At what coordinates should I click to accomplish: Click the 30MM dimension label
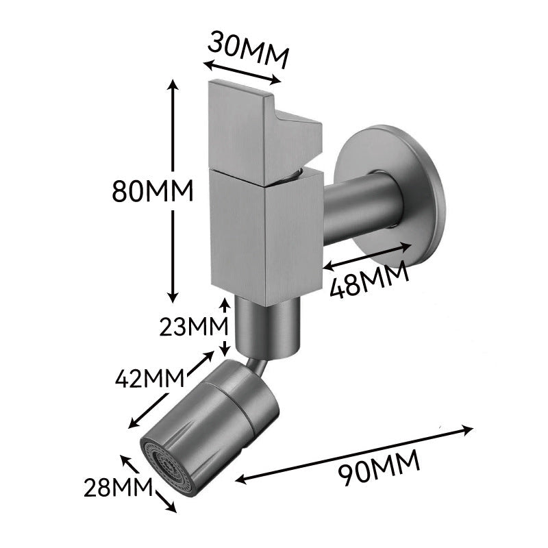(x=249, y=49)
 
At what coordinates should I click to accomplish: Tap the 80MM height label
(x=153, y=191)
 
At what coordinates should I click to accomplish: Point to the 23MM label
(x=194, y=327)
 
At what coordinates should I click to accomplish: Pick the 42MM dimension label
(x=150, y=378)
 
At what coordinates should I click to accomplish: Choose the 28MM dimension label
(x=119, y=487)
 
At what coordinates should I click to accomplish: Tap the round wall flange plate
(x=388, y=196)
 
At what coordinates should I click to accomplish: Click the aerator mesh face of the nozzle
(x=167, y=467)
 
